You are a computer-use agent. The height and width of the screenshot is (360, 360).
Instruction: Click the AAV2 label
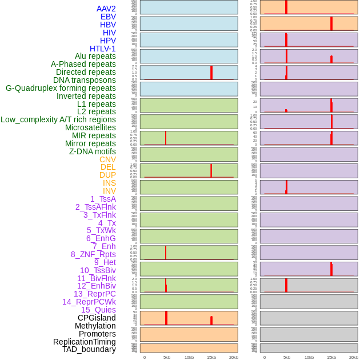[x=106, y=9]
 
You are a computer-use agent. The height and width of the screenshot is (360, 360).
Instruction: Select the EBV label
[x=108, y=17]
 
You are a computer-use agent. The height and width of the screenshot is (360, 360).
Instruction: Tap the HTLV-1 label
[x=102, y=49]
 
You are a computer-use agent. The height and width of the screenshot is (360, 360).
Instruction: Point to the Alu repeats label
[x=95, y=56]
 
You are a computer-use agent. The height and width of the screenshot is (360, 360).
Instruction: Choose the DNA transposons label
[x=84, y=80]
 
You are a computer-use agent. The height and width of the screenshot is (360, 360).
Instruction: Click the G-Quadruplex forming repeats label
[x=61, y=88]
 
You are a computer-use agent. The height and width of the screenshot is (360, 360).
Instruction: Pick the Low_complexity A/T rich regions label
[x=58, y=119]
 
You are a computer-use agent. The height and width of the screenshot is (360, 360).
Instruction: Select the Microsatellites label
[x=90, y=127]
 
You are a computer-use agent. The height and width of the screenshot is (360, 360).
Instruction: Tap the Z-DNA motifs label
[x=92, y=151]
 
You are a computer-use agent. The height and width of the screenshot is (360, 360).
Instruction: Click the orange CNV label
[x=107, y=159]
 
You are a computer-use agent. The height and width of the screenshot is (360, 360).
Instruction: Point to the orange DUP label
[x=107, y=175]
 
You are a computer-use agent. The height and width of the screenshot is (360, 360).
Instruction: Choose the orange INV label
[x=109, y=191]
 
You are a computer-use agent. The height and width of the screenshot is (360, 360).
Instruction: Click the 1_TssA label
[x=103, y=199]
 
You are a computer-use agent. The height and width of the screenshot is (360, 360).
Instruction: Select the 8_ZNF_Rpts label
[x=93, y=254]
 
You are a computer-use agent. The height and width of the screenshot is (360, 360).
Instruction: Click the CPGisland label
[x=97, y=318]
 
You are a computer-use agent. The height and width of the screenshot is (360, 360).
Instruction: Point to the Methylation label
[x=95, y=326]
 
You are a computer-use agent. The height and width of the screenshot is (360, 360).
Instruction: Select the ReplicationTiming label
[x=84, y=342]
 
